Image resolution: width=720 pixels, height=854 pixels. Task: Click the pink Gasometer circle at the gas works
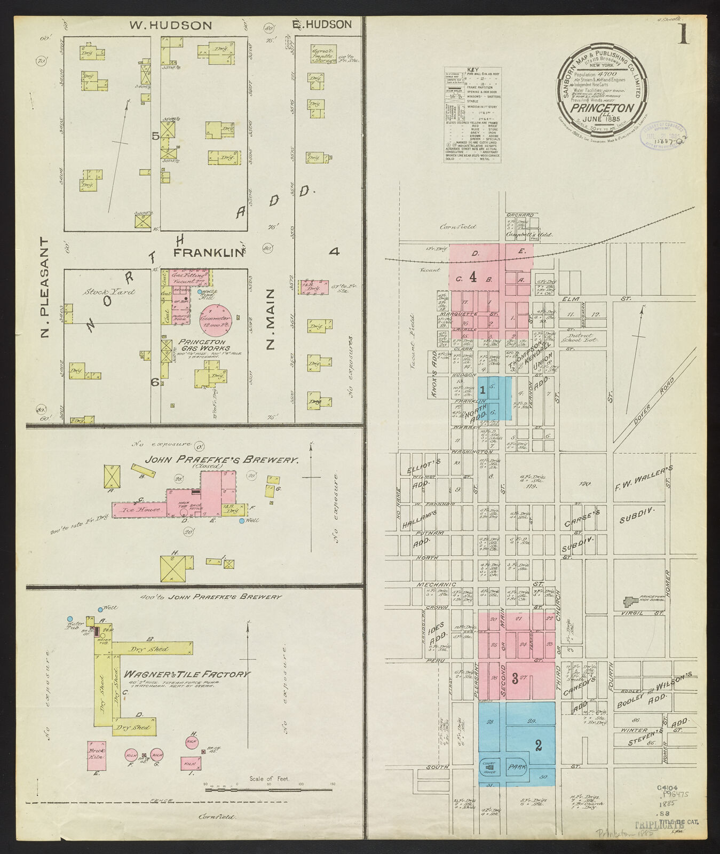coord(216,320)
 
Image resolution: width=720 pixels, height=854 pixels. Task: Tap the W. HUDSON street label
coord(171,25)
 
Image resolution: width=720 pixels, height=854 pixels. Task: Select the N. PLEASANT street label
coord(45,288)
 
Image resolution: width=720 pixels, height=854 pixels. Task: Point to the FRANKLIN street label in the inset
coord(209,252)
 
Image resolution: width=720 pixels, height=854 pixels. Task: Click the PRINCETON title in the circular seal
coord(603,107)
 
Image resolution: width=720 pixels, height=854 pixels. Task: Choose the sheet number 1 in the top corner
coord(683,35)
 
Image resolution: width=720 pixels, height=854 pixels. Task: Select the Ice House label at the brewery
coord(141,509)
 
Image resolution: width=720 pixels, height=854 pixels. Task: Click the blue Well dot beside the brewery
coord(242,520)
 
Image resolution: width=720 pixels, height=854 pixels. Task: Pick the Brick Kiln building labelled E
coord(97,755)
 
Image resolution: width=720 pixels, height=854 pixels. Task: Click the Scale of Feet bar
coord(270,789)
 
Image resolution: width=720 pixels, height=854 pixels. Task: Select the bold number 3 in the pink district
coord(515,679)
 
